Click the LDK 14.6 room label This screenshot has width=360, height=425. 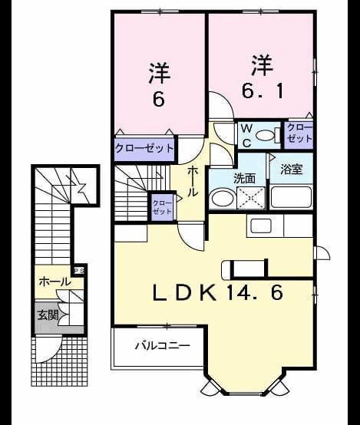click(x=219, y=292)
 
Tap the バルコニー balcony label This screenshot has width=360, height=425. click(x=162, y=345)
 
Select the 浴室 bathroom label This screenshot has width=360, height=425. click(x=292, y=170)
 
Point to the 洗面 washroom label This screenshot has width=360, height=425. click(x=245, y=179)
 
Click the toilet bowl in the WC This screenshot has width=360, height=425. click(x=265, y=135)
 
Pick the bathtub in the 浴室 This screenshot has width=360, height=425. click(x=291, y=197)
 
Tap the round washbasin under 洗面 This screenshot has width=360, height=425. click(x=223, y=199)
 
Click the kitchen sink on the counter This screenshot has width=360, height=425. click(x=261, y=226)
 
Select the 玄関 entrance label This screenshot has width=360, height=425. click(x=48, y=315)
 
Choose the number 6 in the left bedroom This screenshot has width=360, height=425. click(x=159, y=100)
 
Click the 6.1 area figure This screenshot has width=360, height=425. click(x=262, y=91)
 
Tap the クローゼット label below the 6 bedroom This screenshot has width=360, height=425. click(x=144, y=148)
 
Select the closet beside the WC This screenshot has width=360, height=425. click(x=299, y=133)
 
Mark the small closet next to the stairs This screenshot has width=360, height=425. click(x=162, y=207)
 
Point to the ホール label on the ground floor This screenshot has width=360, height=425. click(x=54, y=282)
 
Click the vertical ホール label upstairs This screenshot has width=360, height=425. click(x=193, y=182)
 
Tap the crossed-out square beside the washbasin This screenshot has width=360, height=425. click(x=251, y=198)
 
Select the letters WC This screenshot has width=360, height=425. click(x=246, y=136)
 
